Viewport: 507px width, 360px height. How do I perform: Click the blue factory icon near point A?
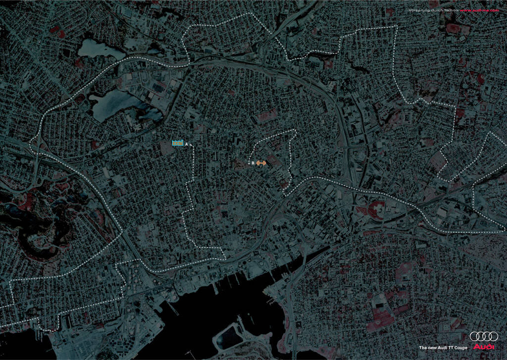click(x=178, y=143)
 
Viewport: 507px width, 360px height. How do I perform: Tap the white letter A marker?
click(x=186, y=144)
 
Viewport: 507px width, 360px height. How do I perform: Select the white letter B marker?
click(x=253, y=163)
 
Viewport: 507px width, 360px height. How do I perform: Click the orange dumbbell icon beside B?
click(x=261, y=163)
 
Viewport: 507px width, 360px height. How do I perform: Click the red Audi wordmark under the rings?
click(x=484, y=347)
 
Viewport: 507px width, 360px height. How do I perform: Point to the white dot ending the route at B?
click(x=248, y=162)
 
